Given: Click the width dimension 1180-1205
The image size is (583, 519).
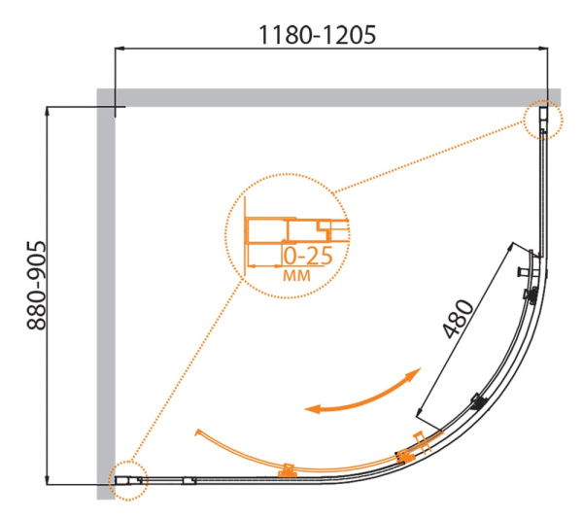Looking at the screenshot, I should click(x=317, y=34).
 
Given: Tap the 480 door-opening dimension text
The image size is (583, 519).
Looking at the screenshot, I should click(x=458, y=318).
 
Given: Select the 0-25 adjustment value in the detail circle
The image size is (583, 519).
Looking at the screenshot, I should click(x=309, y=257).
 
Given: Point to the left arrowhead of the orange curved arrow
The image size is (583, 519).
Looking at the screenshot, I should click(x=310, y=409).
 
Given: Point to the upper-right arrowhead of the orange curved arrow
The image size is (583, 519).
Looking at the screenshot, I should click(x=417, y=372).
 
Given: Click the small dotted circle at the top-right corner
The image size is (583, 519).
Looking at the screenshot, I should click(x=542, y=121).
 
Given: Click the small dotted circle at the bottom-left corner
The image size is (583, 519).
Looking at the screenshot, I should click(x=124, y=480).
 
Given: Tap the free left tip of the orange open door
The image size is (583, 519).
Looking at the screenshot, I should click(x=197, y=431).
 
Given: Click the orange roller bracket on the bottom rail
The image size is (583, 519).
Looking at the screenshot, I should click(x=287, y=471).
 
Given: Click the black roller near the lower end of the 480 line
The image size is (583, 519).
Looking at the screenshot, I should click(x=477, y=401).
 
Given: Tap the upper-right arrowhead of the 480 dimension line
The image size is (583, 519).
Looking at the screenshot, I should click(x=516, y=243).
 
